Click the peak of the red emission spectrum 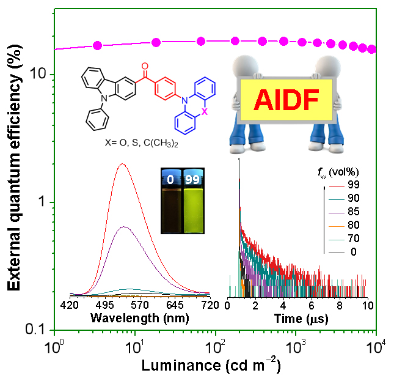(x=123, y=164)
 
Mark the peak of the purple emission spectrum (x=124, y=226)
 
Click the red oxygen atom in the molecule (x=145, y=65)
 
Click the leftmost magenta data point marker (x=97, y=45)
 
